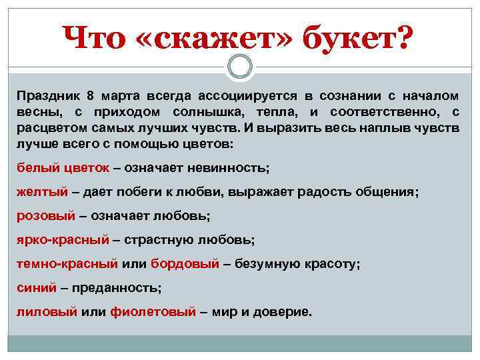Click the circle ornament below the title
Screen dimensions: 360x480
click(x=240, y=67)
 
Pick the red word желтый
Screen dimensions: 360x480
click(x=42, y=191)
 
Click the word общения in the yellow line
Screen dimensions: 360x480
click(x=387, y=191)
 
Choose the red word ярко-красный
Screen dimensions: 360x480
click(x=62, y=239)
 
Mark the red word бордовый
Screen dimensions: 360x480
click(x=185, y=263)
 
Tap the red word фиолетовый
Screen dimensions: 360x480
click(x=153, y=311)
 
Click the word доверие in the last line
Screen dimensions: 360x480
click(x=281, y=311)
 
